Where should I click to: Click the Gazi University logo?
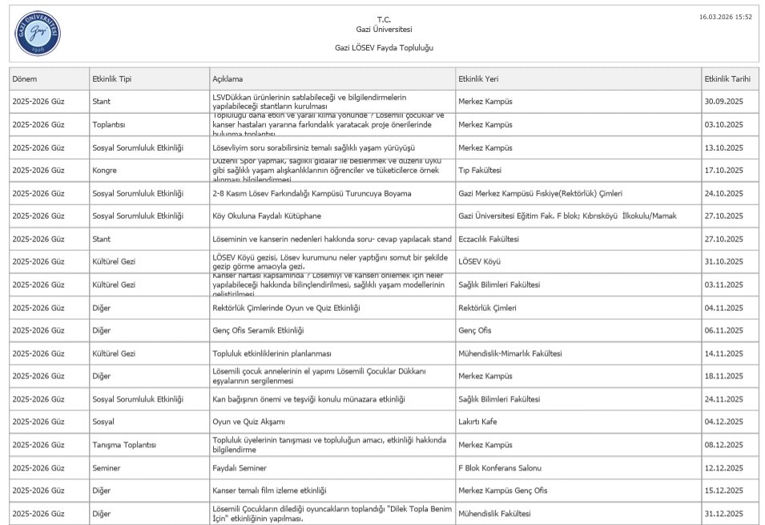tap(38, 34)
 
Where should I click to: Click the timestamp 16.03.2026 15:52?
tap(725, 16)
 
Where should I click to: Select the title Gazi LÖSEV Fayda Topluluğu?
tap(384, 48)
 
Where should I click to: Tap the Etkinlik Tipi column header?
tap(112, 79)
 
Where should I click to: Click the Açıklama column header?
tap(227, 79)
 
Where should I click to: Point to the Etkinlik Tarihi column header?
tap(727, 79)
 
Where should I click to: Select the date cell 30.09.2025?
tap(724, 102)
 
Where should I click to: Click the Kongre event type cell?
tap(105, 171)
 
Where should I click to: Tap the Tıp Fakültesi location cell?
tap(480, 171)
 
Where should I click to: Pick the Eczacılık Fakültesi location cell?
tap(489, 239)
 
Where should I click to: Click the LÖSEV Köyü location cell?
tap(479, 262)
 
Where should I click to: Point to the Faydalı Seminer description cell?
tap(240, 468)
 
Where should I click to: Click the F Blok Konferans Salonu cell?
tap(500, 468)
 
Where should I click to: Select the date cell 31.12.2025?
tap(724, 514)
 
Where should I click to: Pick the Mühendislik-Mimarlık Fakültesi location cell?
tap(509, 353)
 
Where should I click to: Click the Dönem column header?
tap(25, 79)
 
